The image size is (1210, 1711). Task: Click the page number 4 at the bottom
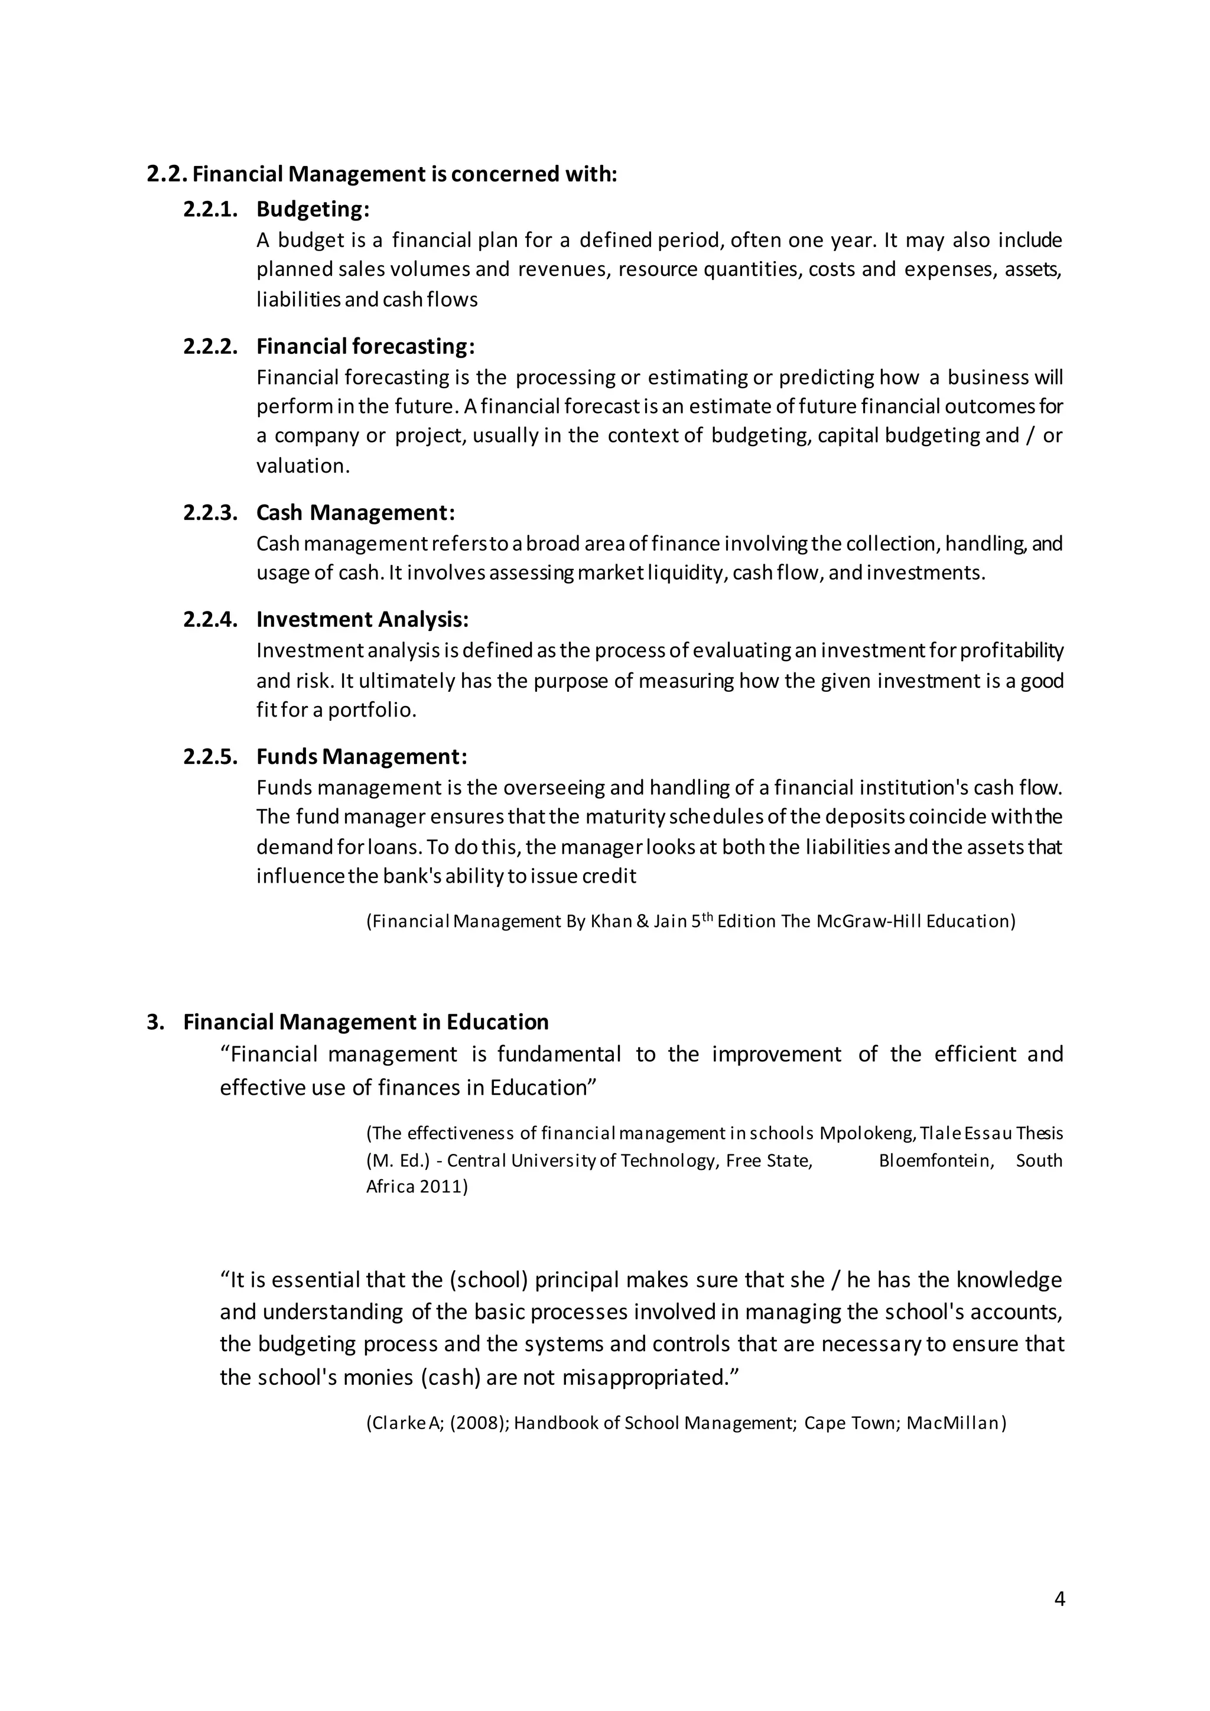(1059, 1599)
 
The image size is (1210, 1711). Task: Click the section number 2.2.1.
(210, 209)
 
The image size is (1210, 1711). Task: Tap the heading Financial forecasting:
(365, 347)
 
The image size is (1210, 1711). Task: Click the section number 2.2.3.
(210, 513)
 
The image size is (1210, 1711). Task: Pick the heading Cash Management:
(356, 513)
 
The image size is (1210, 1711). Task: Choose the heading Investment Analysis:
(362, 619)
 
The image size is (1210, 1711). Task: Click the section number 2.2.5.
(210, 756)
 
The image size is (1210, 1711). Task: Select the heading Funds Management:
(362, 756)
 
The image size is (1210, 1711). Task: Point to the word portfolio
(371, 710)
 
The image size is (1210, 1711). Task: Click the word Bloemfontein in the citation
(936, 1160)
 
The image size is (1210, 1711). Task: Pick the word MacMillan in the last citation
(956, 1423)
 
